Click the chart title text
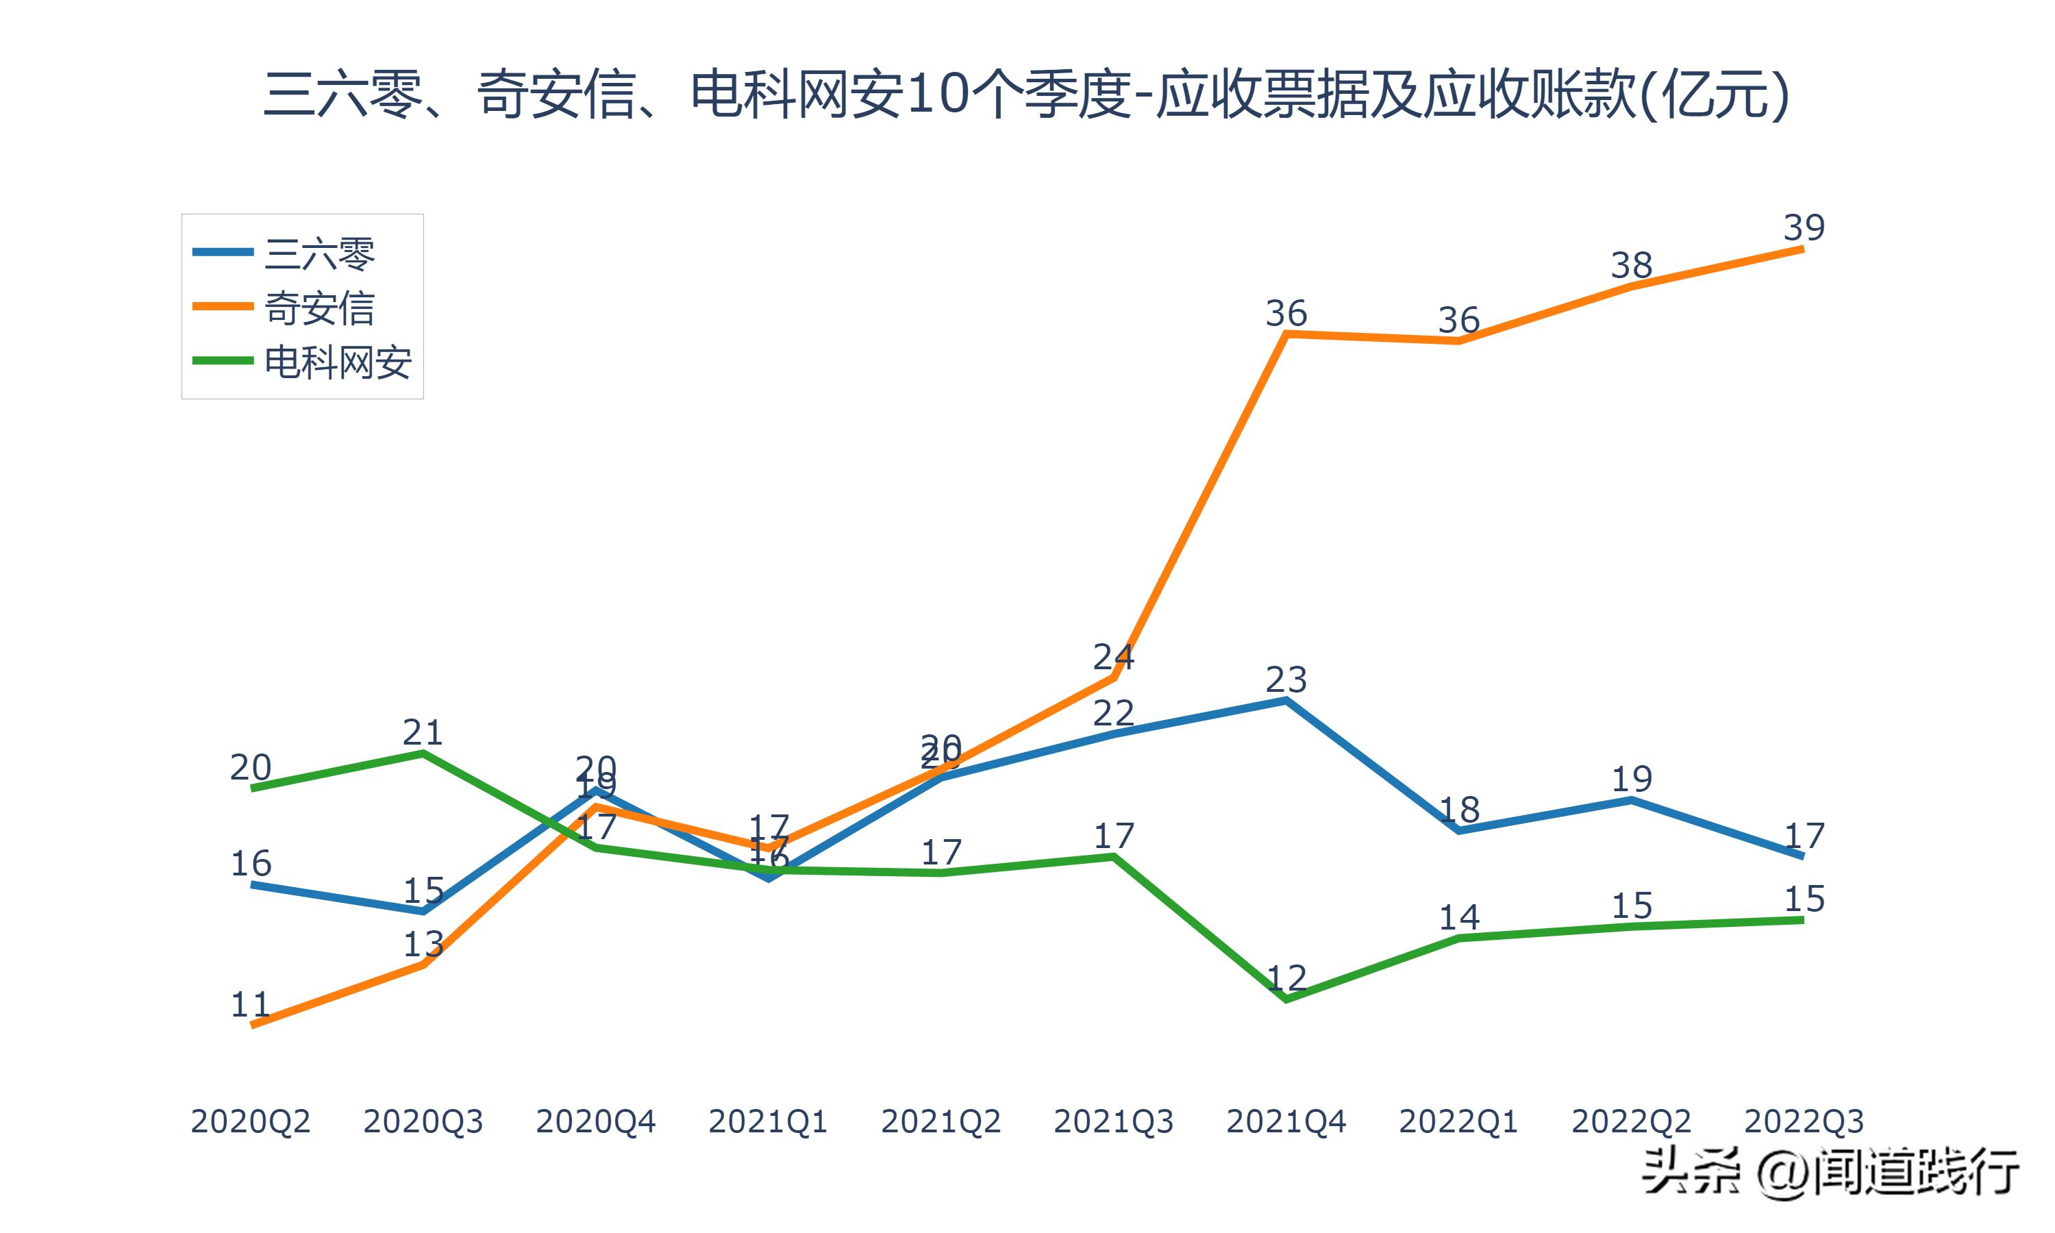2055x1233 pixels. pyautogui.click(x=1027, y=94)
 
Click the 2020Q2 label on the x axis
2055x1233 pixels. pyautogui.click(x=250, y=1121)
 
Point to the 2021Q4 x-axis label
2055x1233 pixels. pyautogui.click(x=1286, y=1121)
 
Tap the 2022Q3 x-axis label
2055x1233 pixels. pyautogui.click(x=1804, y=1121)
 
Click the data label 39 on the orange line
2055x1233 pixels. pyautogui.click(x=1804, y=227)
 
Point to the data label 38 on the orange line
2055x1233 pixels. pyautogui.click(x=1632, y=266)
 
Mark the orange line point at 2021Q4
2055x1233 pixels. pyautogui.click(x=1286, y=334)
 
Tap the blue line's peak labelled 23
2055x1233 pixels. pyautogui.click(x=1286, y=701)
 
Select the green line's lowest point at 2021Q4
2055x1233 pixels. pyautogui.click(x=1286, y=999)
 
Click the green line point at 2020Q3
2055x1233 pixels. pyautogui.click(x=423, y=753)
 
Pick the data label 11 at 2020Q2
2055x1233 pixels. pyautogui.click(x=250, y=1004)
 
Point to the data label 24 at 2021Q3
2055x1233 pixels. pyautogui.click(x=1113, y=656)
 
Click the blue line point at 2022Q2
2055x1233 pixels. pyautogui.click(x=1632, y=800)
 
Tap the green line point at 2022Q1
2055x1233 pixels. pyautogui.click(x=1458, y=938)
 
